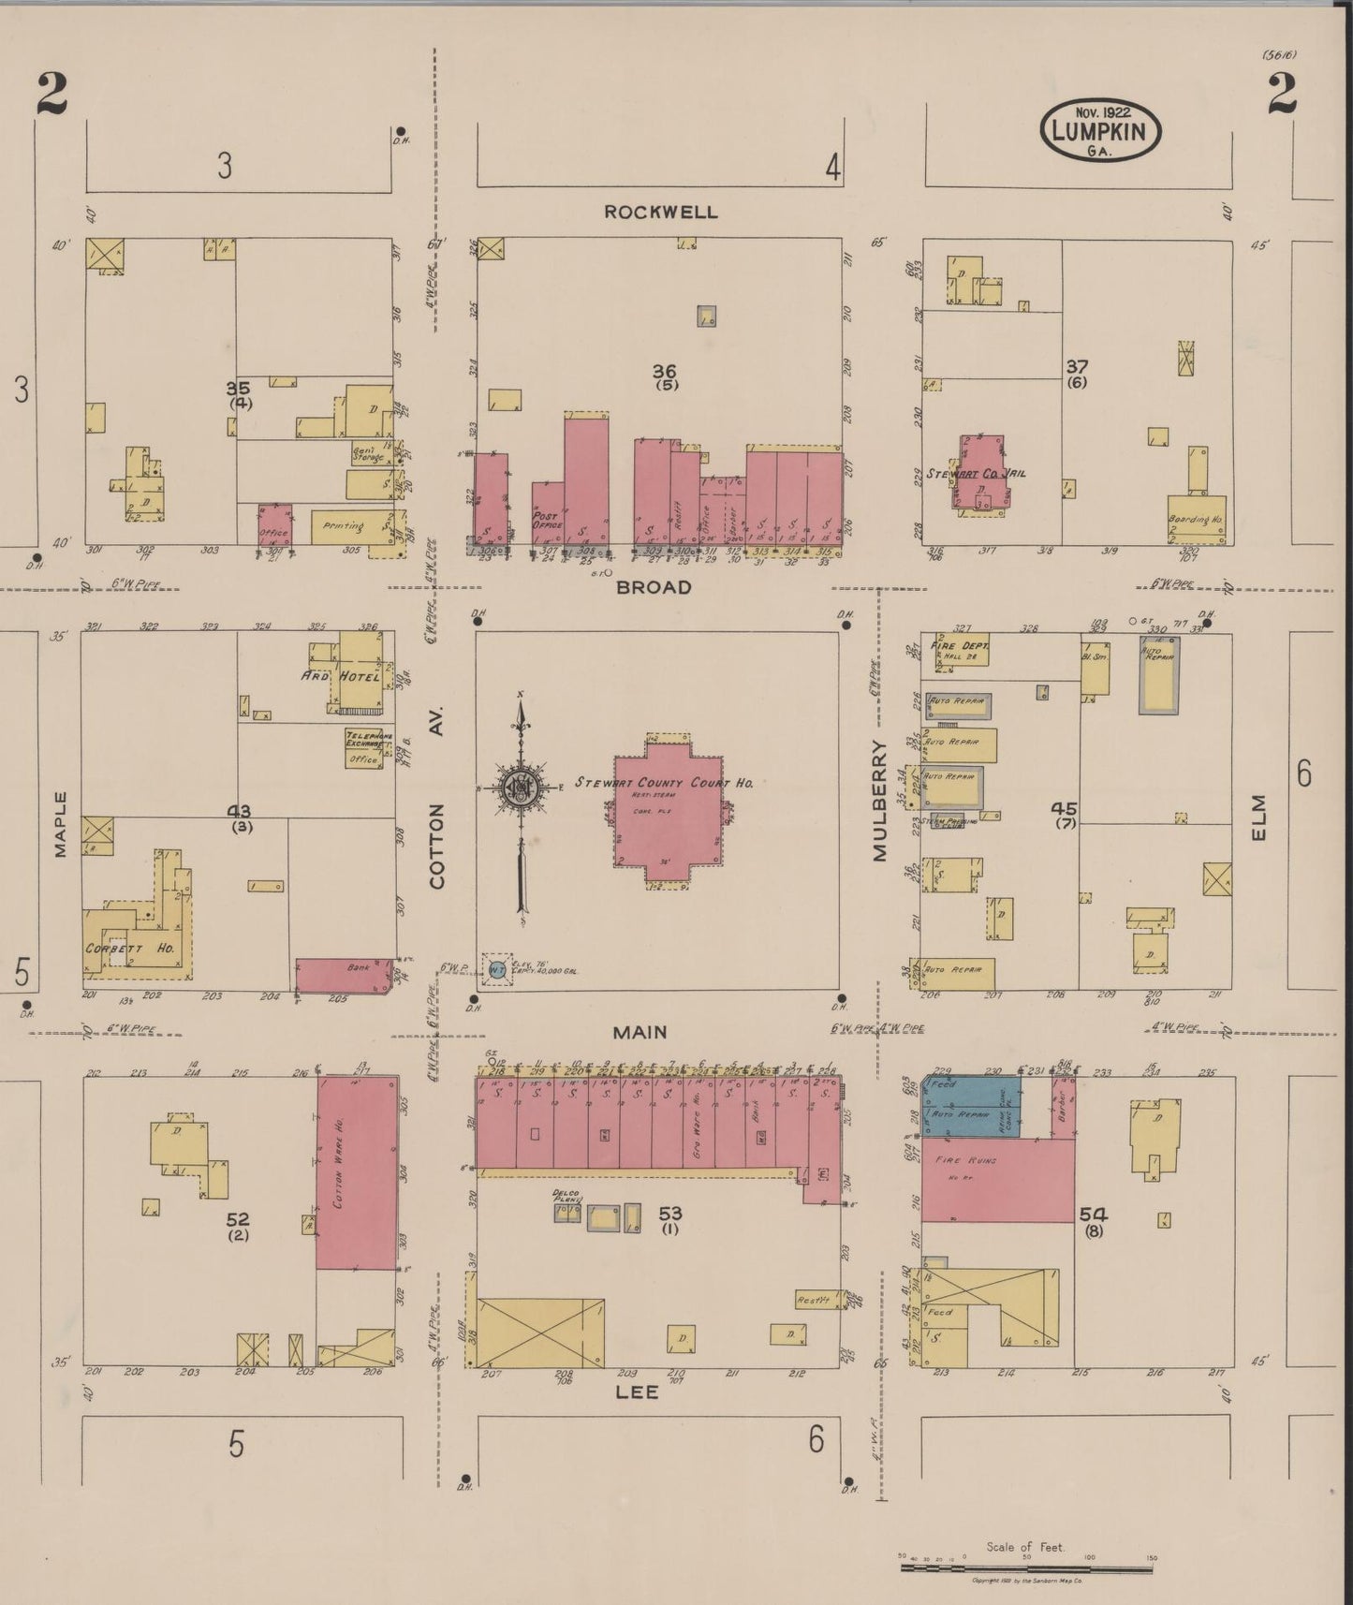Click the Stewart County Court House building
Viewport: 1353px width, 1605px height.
tap(669, 807)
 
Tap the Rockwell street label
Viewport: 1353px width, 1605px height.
tap(660, 212)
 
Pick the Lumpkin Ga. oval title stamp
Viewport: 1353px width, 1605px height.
tap(1099, 130)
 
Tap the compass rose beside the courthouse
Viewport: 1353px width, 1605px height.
tap(518, 788)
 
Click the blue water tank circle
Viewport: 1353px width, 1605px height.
tap(496, 970)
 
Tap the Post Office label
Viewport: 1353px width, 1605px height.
tap(545, 521)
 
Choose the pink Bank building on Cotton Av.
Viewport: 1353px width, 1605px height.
tap(342, 975)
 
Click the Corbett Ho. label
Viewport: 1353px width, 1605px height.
tap(130, 949)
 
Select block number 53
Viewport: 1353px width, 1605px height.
tap(669, 1215)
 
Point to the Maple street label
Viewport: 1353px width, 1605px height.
tap(61, 824)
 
